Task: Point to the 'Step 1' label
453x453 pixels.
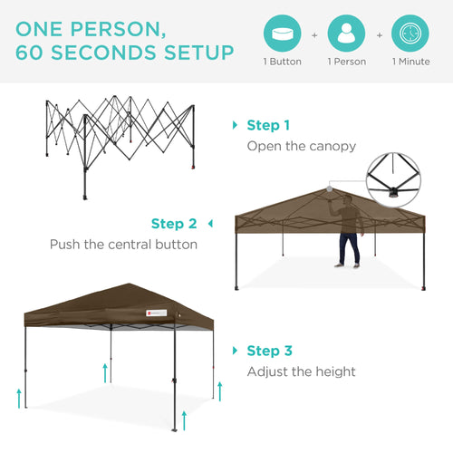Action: click(269, 125)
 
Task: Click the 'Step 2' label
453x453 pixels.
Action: click(174, 223)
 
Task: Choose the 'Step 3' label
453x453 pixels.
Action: click(269, 351)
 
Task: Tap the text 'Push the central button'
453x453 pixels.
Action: click(123, 244)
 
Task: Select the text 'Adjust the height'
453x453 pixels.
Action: click(302, 371)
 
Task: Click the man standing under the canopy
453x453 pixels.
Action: click(347, 235)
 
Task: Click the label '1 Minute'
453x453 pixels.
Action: click(411, 62)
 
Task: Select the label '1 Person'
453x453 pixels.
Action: click(346, 62)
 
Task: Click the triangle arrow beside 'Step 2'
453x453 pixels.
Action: click(210, 223)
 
